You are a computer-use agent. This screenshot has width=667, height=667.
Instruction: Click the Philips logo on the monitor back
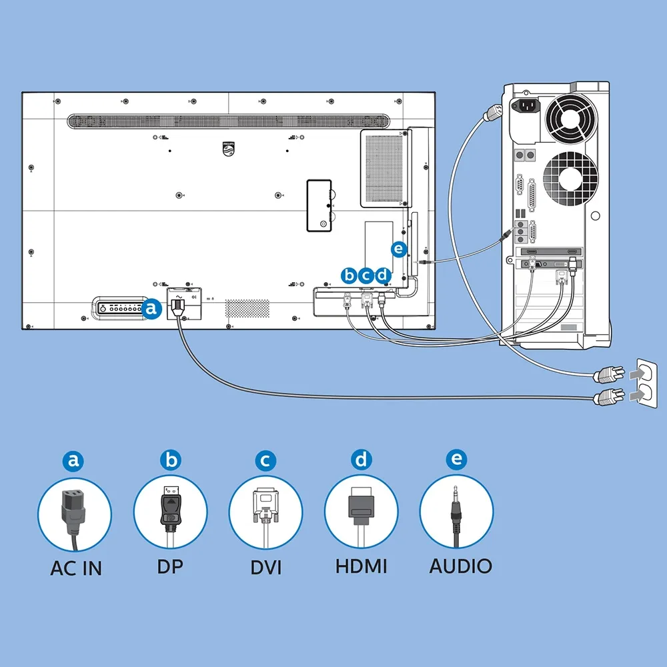228,149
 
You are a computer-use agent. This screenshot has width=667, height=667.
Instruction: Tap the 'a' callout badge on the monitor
152,308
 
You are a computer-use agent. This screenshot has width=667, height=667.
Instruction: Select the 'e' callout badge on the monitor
399,248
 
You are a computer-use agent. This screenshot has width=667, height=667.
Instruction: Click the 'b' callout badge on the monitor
349,275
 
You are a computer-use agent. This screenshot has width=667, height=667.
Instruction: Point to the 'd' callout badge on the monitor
383,275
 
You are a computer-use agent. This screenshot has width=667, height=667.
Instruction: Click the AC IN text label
76,568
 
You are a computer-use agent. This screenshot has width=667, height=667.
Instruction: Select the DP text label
170,566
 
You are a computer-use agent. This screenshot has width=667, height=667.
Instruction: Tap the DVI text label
266,568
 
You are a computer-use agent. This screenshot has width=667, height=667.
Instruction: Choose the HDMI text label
361,566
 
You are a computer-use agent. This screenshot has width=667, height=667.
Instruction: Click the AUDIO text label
461,566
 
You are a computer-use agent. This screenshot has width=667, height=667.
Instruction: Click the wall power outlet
646,384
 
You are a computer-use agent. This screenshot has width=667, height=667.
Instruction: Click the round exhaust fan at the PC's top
572,118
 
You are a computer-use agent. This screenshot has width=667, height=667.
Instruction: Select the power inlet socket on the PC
526,105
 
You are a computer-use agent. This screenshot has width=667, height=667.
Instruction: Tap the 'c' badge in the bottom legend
265,461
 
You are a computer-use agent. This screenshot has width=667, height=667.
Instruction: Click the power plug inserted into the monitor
178,307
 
